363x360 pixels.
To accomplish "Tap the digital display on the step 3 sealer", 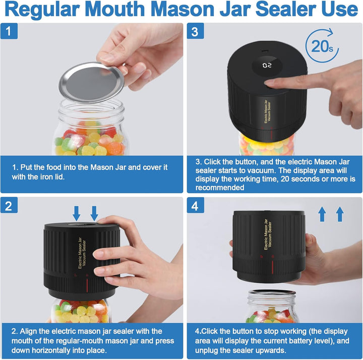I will (x=267, y=65).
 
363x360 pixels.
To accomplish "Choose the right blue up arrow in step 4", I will (x=339, y=214).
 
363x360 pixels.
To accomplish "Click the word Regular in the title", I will (x=55, y=10).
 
